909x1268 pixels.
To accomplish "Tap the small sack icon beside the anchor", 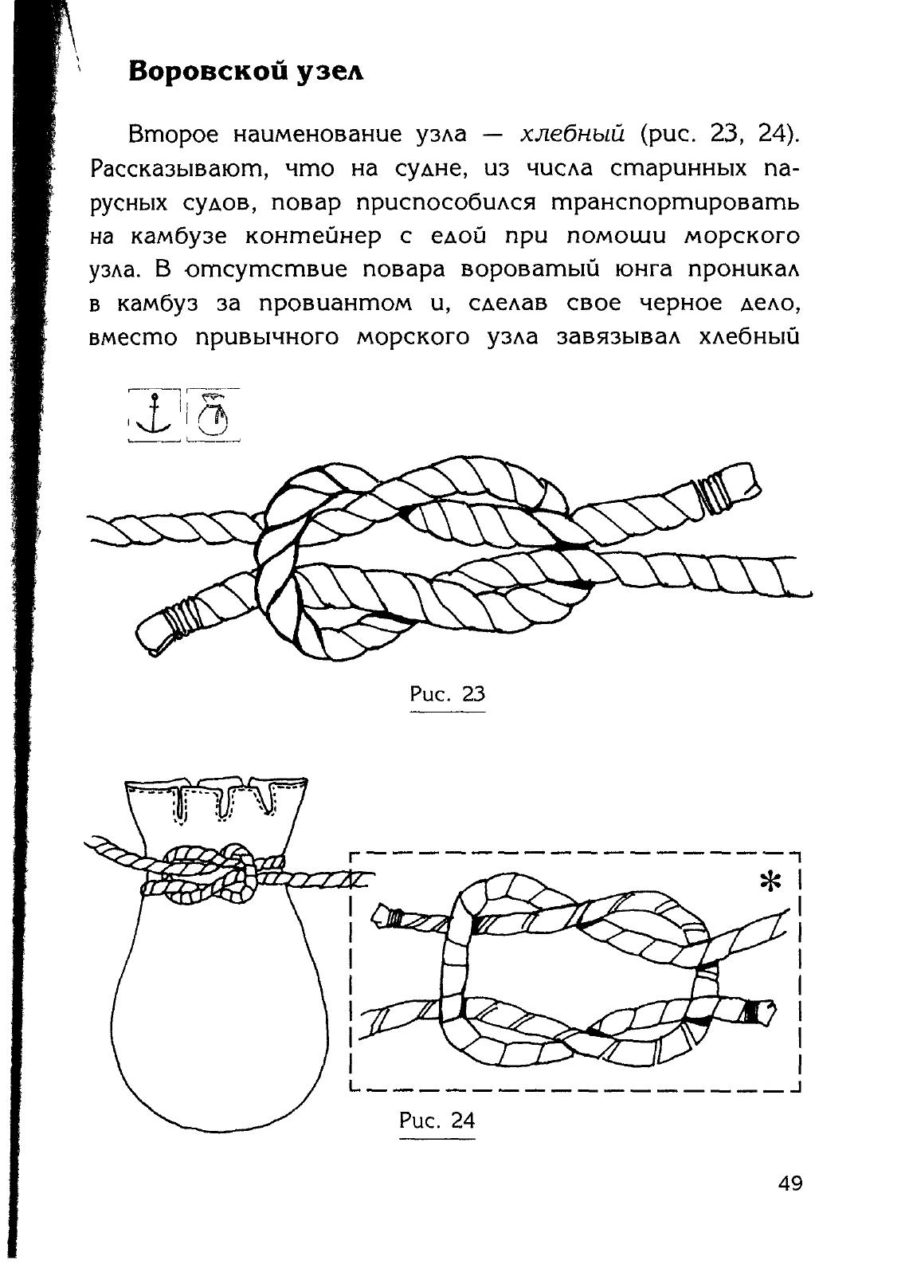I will tap(213, 414).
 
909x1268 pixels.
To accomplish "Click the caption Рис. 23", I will tap(447, 693).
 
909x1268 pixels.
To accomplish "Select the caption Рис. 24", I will tap(437, 1121).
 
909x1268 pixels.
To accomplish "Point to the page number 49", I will tap(790, 1183).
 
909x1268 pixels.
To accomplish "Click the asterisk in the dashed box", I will tap(770, 882).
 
